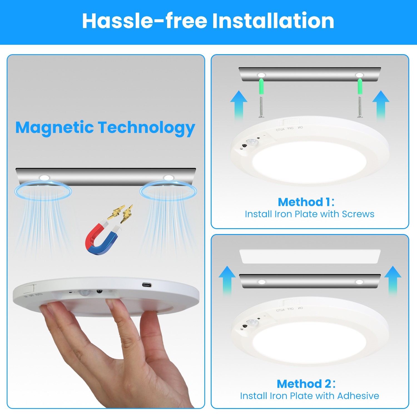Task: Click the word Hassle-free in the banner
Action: (145, 21)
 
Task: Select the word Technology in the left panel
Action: (147, 128)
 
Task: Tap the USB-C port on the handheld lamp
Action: (147, 285)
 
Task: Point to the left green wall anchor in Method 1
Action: (261, 86)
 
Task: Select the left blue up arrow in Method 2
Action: (227, 279)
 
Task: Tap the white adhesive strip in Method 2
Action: (310, 256)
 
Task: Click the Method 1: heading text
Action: (306, 202)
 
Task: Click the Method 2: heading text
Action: (306, 384)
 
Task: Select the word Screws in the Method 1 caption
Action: (358, 214)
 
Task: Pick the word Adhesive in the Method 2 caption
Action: (358, 396)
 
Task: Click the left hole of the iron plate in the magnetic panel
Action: (44, 178)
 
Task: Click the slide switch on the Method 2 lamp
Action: (290, 302)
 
